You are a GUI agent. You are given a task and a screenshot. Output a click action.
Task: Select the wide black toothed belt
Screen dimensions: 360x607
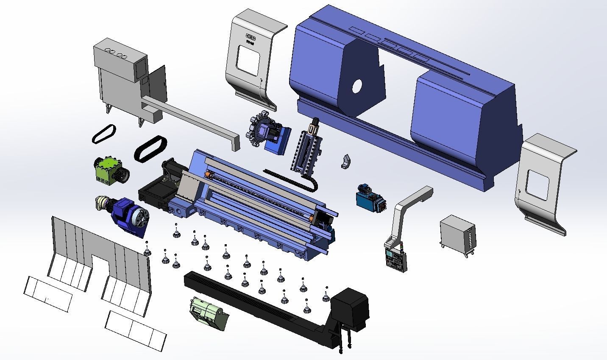click(x=150, y=148)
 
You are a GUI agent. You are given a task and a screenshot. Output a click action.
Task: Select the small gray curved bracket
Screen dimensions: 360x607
click(x=346, y=161)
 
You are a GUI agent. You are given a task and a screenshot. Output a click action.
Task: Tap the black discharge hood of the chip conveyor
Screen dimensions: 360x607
click(x=350, y=307)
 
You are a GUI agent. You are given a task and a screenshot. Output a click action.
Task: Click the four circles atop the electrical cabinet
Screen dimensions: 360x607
click(x=116, y=53)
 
